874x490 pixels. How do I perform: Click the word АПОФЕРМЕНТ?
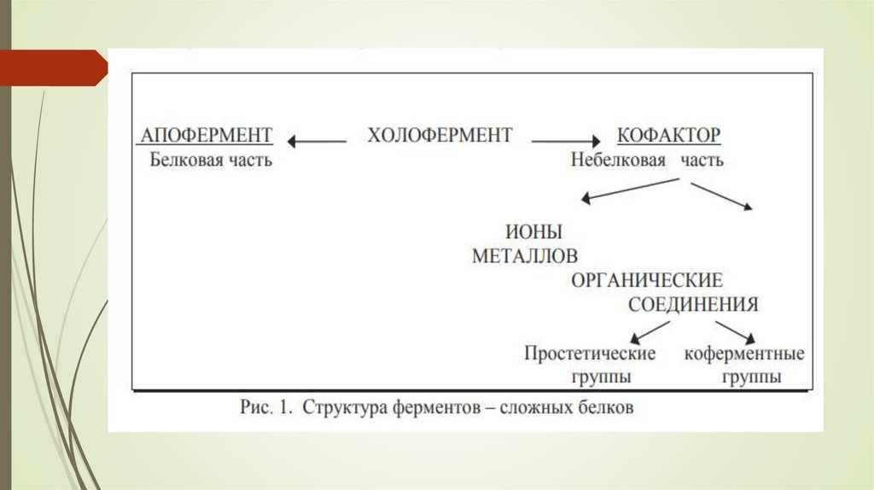click(x=205, y=136)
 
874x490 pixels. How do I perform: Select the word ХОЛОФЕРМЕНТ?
click(x=440, y=136)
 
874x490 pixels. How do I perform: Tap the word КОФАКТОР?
click(x=668, y=136)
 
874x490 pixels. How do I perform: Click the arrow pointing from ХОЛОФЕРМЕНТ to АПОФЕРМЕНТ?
click(x=316, y=139)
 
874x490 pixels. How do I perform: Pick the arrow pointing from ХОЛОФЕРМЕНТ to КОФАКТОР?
click(x=566, y=139)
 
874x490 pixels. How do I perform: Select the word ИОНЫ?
click(x=534, y=231)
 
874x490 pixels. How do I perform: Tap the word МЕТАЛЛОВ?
click(x=525, y=256)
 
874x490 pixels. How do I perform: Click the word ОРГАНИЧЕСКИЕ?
click(x=647, y=280)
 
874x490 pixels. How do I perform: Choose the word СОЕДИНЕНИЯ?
click(x=693, y=305)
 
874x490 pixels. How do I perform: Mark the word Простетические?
click(x=590, y=353)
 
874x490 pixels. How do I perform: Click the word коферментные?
click(x=743, y=353)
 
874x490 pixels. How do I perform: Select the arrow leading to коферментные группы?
click(x=735, y=331)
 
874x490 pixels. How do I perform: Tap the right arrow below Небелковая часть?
click(x=721, y=195)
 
